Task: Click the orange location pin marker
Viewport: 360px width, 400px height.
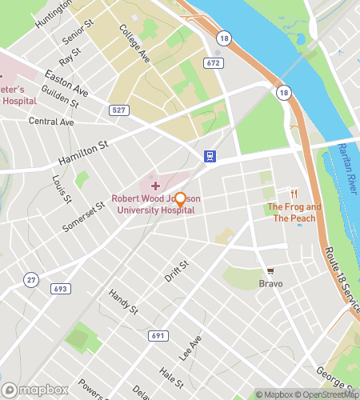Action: pos(181,200)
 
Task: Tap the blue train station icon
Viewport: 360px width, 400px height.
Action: pos(209,156)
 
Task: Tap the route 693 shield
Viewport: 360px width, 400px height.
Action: pos(61,287)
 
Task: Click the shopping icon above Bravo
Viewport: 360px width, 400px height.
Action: pos(270,270)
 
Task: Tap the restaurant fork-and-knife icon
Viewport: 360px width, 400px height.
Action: pos(294,193)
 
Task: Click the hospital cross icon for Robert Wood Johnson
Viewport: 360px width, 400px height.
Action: pos(156,185)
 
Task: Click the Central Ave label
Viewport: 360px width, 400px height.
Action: pos(50,122)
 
